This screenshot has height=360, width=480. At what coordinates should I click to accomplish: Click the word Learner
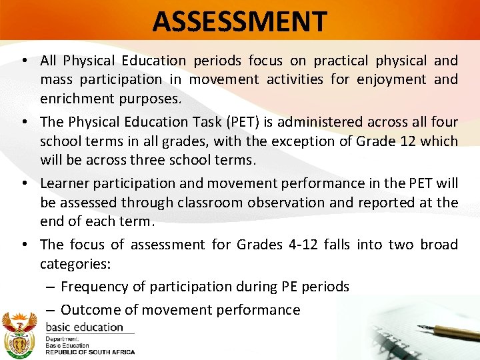(65, 183)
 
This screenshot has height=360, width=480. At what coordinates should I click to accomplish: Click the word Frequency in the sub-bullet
(93, 287)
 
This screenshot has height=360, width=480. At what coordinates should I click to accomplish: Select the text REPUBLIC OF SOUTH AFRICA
(89, 352)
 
